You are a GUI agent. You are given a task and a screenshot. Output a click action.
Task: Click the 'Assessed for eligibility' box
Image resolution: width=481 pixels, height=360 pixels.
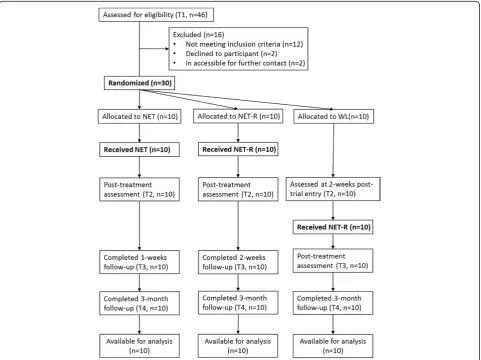156,15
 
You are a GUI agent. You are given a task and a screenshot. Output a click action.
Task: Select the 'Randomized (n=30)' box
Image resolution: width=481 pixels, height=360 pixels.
140,83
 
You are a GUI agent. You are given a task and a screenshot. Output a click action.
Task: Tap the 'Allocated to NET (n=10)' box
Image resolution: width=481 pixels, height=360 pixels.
140,117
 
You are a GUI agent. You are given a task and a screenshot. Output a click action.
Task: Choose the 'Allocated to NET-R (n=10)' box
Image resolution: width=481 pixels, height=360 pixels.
238,116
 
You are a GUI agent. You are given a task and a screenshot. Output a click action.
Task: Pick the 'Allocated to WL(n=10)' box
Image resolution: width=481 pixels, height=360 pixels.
333,117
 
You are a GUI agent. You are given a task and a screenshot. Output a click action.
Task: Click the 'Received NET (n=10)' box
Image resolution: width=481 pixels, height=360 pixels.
139,150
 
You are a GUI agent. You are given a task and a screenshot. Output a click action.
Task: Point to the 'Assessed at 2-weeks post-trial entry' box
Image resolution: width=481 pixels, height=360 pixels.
333,189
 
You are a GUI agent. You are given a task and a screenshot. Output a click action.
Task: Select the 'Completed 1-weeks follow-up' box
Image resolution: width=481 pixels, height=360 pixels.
139,262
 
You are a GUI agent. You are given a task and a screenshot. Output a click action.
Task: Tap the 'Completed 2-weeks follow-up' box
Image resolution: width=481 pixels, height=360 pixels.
238,262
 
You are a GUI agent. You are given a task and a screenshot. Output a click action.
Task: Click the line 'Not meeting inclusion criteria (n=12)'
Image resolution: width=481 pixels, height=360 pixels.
244,44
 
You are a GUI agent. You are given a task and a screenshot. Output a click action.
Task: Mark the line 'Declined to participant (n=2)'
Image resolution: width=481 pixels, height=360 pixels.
231,54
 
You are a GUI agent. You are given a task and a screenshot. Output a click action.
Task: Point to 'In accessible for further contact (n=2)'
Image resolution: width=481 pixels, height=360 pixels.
245,63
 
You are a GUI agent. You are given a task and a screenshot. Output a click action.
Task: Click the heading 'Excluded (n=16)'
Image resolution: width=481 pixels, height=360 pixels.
198,35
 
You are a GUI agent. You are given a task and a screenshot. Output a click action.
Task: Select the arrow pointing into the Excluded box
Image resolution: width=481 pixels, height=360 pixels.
154,49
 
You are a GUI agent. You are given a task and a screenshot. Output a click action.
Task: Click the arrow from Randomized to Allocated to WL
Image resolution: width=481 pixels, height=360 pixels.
237,99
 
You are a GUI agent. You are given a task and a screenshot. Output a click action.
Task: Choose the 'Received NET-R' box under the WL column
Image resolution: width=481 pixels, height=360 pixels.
333,227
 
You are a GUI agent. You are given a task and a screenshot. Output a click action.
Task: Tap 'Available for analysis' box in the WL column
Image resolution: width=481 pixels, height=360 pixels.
333,346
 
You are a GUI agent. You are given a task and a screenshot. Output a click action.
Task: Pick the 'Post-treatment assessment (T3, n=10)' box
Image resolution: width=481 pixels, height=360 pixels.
333,261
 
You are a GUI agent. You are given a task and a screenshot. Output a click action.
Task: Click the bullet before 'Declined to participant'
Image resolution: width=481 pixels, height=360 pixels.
175,54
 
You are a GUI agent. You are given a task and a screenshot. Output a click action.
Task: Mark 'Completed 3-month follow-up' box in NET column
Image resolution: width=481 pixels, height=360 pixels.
139,303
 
